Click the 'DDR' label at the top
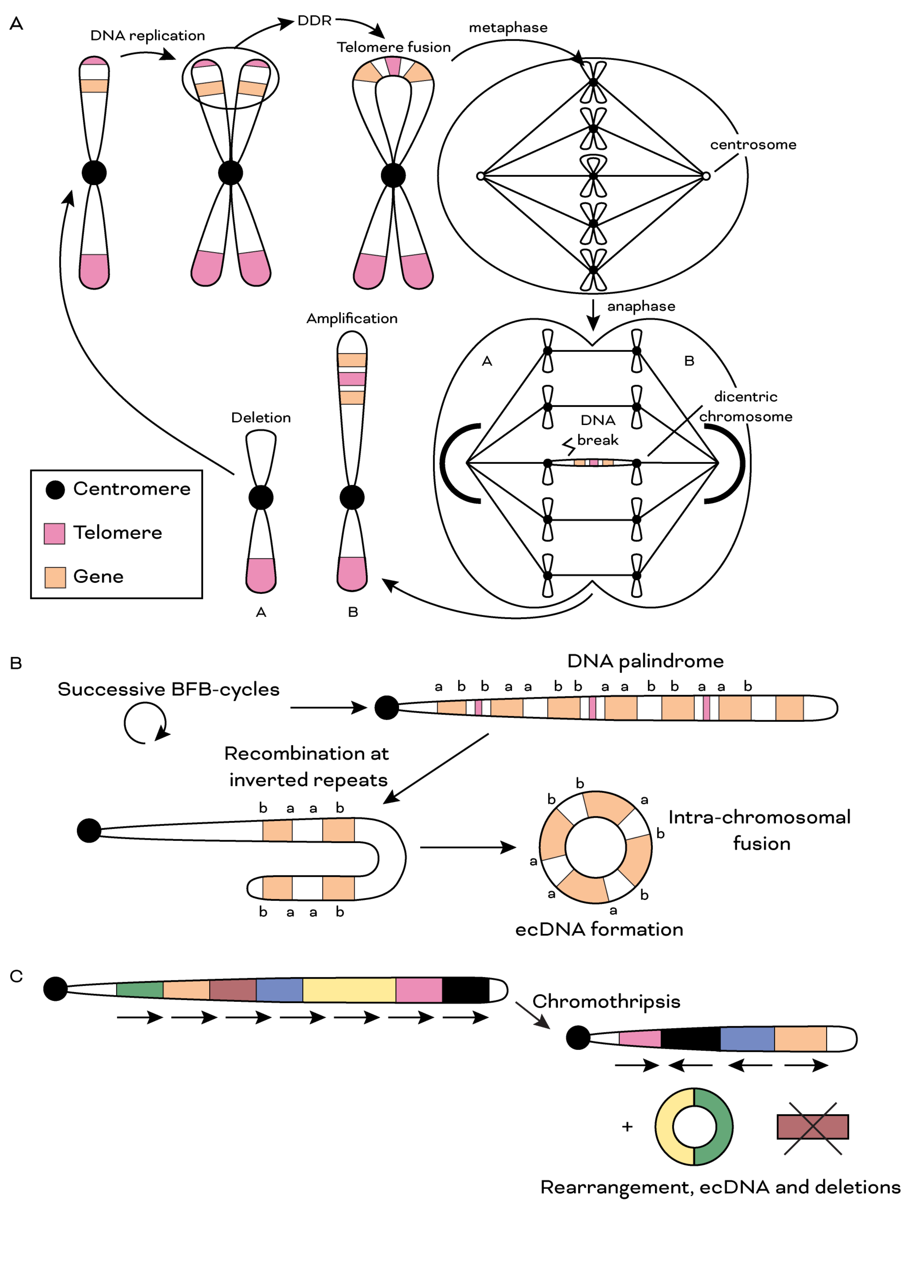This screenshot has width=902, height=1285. (x=314, y=21)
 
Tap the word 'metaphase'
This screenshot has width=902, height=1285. (x=508, y=27)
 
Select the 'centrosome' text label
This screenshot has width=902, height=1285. (x=752, y=145)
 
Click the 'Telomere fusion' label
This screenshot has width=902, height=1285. (x=394, y=47)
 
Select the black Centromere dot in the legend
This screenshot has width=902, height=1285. (x=55, y=490)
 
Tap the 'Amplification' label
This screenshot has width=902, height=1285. (x=352, y=318)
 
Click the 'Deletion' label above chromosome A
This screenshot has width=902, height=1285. (x=261, y=418)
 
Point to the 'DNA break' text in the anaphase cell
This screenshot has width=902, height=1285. (x=598, y=430)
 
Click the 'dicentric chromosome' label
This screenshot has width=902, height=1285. (x=745, y=406)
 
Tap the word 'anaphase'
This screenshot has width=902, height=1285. (x=641, y=306)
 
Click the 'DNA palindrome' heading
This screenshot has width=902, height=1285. (x=645, y=661)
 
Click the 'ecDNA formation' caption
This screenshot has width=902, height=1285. (x=598, y=929)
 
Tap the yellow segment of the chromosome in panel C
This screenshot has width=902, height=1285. (x=349, y=990)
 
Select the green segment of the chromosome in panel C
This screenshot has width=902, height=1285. (x=140, y=990)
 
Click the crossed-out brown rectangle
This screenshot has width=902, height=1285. (x=812, y=1127)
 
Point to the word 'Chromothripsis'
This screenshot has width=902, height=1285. (x=606, y=1001)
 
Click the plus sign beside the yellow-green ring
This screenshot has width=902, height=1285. (x=627, y=1127)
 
